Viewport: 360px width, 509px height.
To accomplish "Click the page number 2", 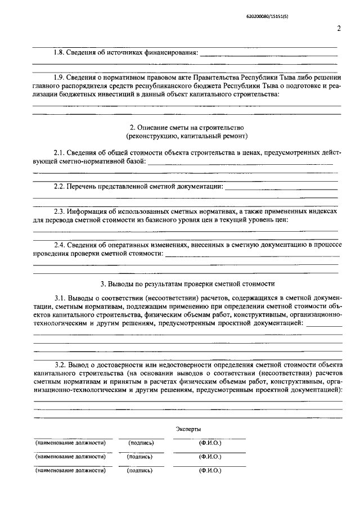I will click(x=339, y=29).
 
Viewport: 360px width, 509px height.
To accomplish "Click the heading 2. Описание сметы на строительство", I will click(x=187, y=128).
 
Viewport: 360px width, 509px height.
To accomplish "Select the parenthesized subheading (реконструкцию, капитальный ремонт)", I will click(x=187, y=136).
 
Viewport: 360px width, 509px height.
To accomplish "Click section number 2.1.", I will click(x=59, y=153).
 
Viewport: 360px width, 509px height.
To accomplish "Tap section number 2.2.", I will click(x=59, y=186).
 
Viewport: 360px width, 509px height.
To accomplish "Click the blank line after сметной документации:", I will click(x=281, y=187).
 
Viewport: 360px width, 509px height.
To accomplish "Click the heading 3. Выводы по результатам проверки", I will click(x=187, y=283).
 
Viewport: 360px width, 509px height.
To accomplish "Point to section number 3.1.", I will click(x=59, y=297).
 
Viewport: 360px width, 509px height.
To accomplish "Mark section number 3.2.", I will click(x=59, y=364).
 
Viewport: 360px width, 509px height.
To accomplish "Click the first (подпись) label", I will click(x=141, y=443).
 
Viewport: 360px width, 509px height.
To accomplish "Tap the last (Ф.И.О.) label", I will click(x=210, y=470).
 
